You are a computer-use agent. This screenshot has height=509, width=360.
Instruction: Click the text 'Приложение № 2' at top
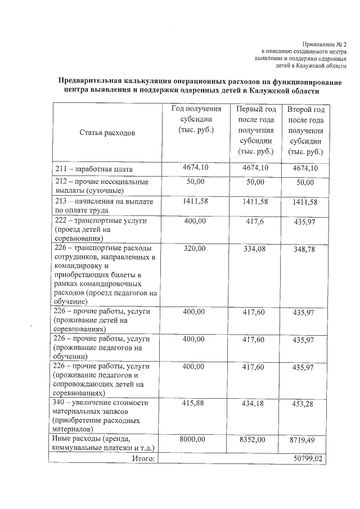tap(325, 44)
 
